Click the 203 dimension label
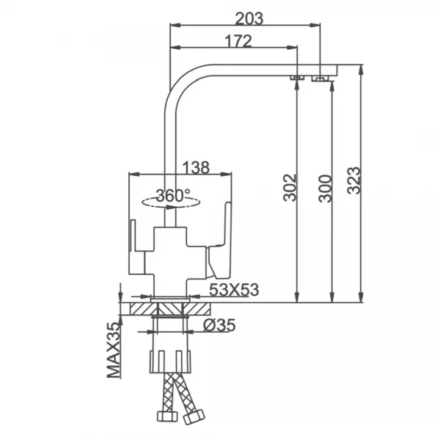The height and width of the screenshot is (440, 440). point(249,19)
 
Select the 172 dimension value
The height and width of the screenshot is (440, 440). point(238,41)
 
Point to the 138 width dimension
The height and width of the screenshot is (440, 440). point(196,167)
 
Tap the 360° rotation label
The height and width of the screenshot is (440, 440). point(173,196)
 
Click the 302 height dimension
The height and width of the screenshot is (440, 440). point(290,188)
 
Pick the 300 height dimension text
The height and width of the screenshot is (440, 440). point(325,188)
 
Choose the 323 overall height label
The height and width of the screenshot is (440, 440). point(353,180)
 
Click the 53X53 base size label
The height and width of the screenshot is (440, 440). point(234,290)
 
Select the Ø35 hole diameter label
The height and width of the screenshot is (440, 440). point(219,325)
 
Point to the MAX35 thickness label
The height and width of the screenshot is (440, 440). point(114,350)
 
